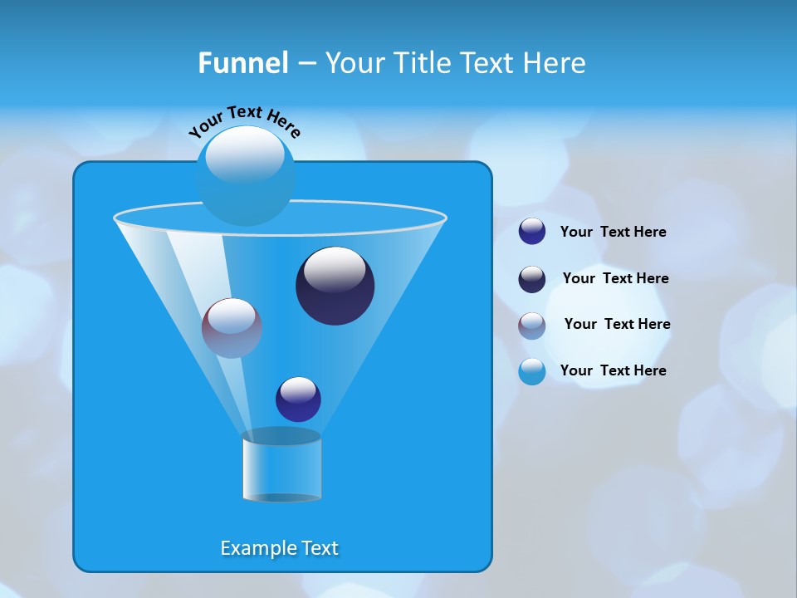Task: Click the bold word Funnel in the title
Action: click(x=242, y=63)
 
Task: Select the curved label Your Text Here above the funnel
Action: click(x=244, y=122)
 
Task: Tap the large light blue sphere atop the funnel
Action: click(x=245, y=176)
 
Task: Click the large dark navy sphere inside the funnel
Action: click(x=335, y=286)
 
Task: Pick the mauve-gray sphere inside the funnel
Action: click(x=232, y=328)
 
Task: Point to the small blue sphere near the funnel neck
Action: click(x=298, y=399)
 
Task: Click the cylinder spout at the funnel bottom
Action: click(x=281, y=467)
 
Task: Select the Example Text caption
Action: click(x=279, y=548)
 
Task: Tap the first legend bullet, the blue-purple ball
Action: click(x=532, y=232)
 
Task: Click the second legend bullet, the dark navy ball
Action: click(x=532, y=279)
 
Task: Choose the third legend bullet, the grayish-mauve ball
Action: click(x=532, y=326)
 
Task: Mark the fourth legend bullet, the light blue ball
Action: click(x=532, y=371)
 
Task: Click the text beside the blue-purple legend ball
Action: click(x=613, y=233)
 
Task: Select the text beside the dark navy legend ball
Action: click(x=615, y=279)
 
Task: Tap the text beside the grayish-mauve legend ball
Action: click(x=617, y=325)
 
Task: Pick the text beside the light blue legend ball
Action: click(x=613, y=370)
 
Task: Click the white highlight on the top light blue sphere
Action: click(x=245, y=154)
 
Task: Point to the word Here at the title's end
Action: click(x=555, y=63)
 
